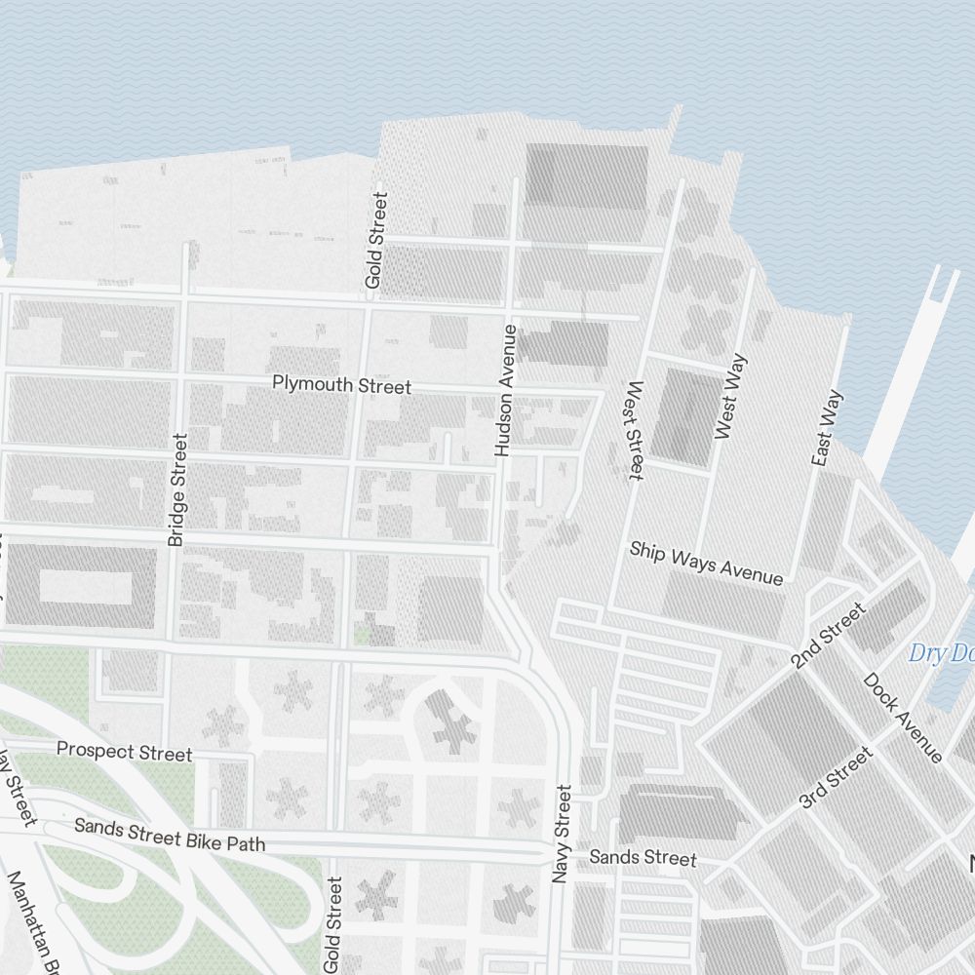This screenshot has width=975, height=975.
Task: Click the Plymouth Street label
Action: pyautogui.click(x=341, y=385)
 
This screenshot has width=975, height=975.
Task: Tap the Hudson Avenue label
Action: pyautogui.click(x=505, y=390)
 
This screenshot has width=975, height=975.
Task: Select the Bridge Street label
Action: pyautogui.click(x=177, y=489)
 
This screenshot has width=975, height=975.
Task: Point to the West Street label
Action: pyautogui.click(x=633, y=430)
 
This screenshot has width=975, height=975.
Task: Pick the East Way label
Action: pyautogui.click(x=827, y=428)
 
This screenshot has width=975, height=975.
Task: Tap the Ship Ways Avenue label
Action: pyautogui.click(x=706, y=563)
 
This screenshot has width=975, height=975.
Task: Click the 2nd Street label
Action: pyautogui.click(x=829, y=635)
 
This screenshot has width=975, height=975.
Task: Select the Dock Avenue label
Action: pyautogui.click(x=903, y=718)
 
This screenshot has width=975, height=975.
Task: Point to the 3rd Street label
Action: pyautogui.click(x=835, y=777)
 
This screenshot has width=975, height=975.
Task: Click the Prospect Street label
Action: pyautogui.click(x=124, y=751)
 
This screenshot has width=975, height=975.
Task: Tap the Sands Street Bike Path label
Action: pyautogui.click(x=170, y=835)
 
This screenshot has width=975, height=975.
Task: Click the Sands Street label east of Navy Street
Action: pyautogui.click(x=643, y=857)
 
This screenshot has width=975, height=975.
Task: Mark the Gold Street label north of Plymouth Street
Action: pyautogui.click(x=376, y=240)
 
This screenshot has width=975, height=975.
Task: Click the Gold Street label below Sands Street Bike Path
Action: pyautogui.click(x=333, y=924)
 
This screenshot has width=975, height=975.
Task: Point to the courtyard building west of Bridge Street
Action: pyautogui.click(x=84, y=586)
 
